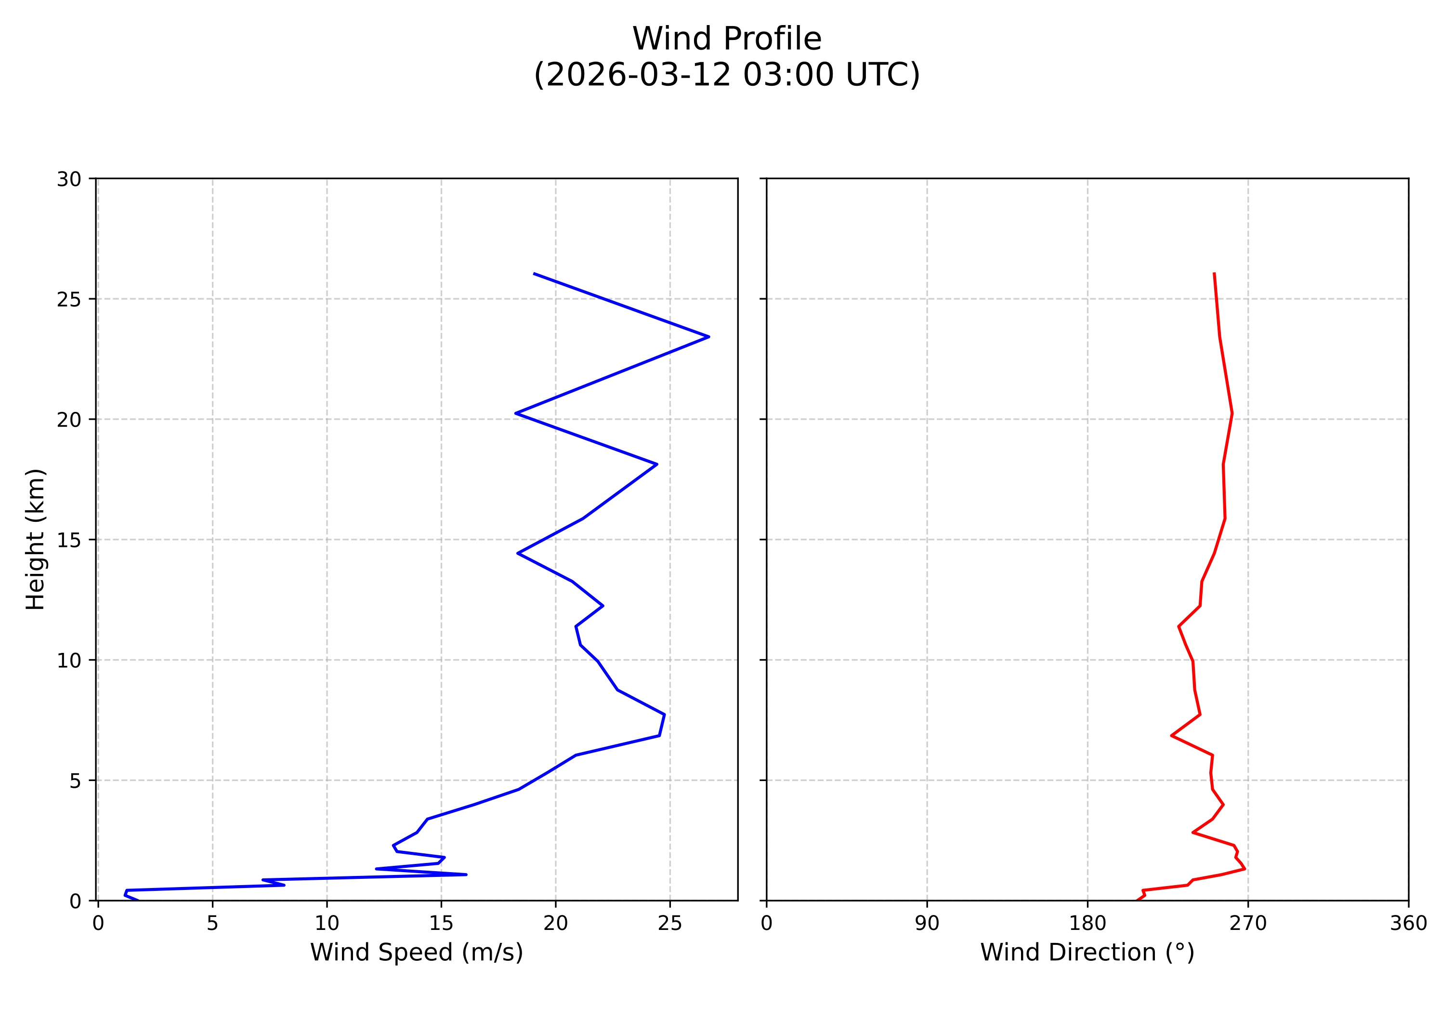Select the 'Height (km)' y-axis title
pyautogui.click(x=36, y=539)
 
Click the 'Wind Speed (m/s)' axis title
pyautogui.click(x=416, y=952)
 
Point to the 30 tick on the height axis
pyautogui.click(x=69, y=180)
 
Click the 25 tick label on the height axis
pyautogui.click(x=69, y=300)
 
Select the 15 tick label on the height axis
pyautogui.click(x=69, y=540)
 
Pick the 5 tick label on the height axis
pyautogui.click(x=75, y=781)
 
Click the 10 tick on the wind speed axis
pyautogui.click(x=327, y=924)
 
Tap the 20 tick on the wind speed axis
pyautogui.click(x=555, y=924)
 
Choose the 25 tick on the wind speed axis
pyautogui.click(x=670, y=924)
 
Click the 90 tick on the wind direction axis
pyautogui.click(x=927, y=924)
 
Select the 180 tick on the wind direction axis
pyautogui.click(x=1087, y=924)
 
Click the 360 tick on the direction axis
pyautogui.click(x=1408, y=924)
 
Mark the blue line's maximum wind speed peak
pyautogui.click(x=708, y=337)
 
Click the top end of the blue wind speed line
pyautogui.click(x=535, y=274)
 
